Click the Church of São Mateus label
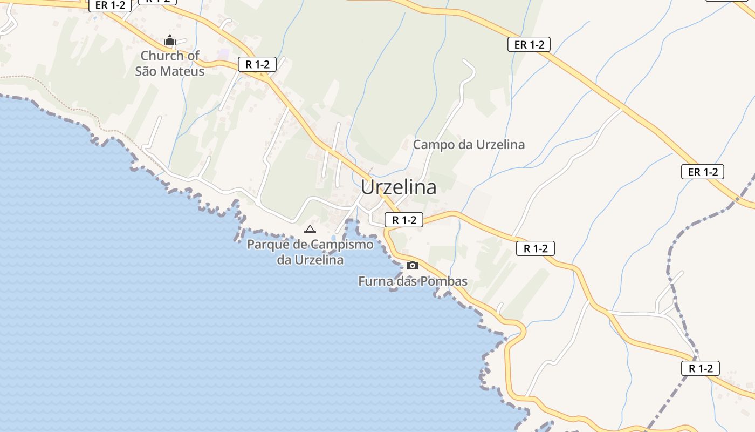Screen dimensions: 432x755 pos(169,63)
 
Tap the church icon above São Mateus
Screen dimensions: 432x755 pos(170,40)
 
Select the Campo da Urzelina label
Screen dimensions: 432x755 pos(469,145)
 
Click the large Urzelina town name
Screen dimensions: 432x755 pos(399,187)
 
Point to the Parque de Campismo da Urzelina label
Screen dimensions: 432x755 pos(310,252)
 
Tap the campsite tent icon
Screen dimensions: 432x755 pos(310,229)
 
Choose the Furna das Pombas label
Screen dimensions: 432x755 pos(413,281)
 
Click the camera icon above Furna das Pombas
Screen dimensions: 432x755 pos(413,265)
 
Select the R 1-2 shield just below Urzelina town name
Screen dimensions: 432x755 pos(404,220)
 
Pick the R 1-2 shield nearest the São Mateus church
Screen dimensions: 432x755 pos(257,65)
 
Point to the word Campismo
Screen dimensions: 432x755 pos(342,244)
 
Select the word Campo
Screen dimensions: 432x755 pos(431,145)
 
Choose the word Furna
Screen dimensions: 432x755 pos(375,281)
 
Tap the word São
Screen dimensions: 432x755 pos(146,71)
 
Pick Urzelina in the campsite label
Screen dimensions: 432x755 pos(318,260)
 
